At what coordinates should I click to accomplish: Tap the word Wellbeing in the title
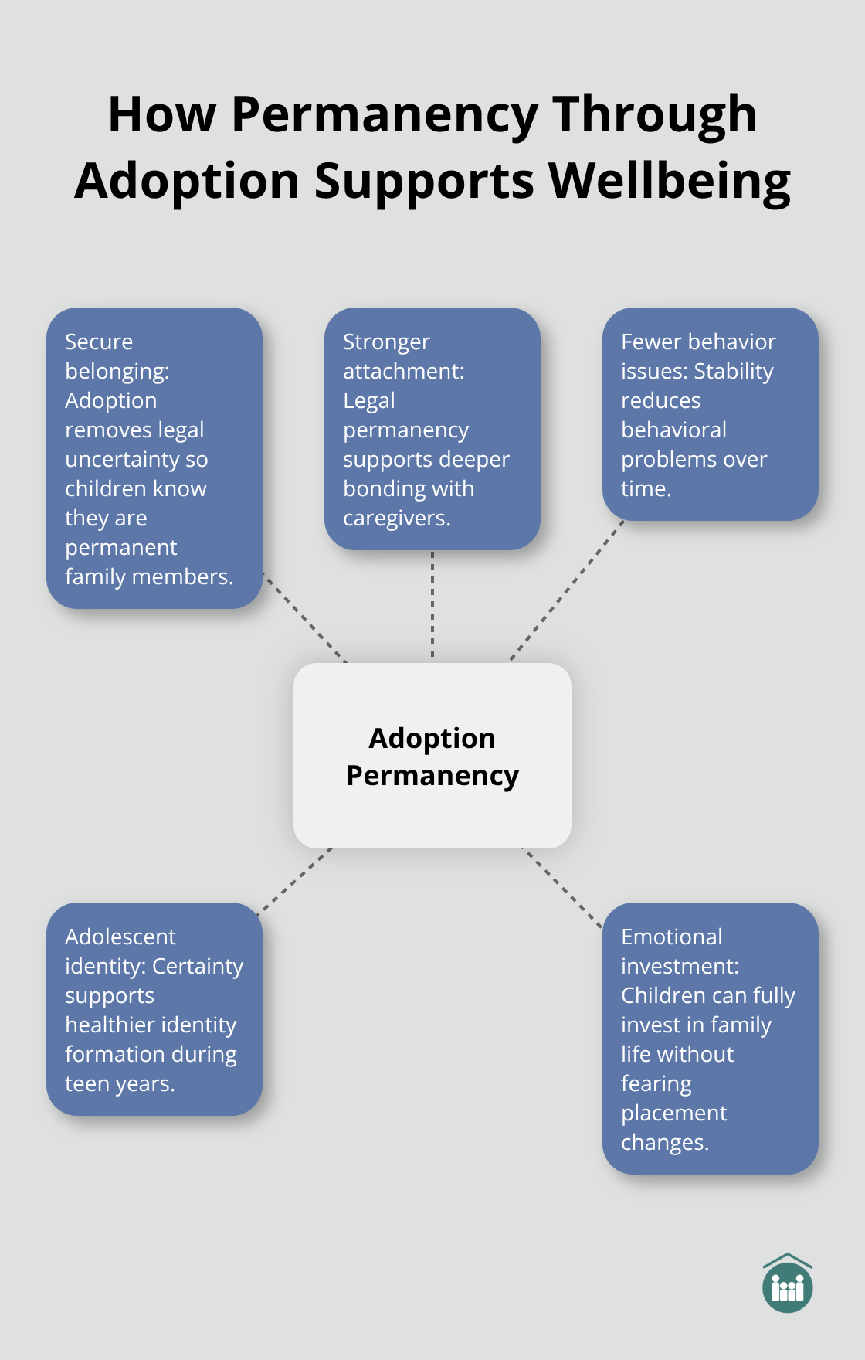tap(670, 181)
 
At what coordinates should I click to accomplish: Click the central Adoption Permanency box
tap(432, 756)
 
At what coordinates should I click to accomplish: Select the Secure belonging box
tap(154, 458)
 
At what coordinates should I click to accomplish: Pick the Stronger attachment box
tap(432, 429)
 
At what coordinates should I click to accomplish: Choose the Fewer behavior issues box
tap(710, 414)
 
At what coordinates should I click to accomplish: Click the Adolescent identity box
tap(154, 1009)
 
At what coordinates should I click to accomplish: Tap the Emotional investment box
tap(710, 1039)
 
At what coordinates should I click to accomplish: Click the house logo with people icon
tap(787, 1283)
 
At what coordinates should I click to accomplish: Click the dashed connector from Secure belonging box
tap(304, 617)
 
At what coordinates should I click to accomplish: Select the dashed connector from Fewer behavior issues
tap(567, 590)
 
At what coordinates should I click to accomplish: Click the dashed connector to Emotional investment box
tap(563, 887)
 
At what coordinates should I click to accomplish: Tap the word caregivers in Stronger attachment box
tap(395, 518)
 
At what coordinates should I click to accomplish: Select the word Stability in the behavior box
tap(734, 372)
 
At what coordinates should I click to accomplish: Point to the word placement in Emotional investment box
tap(673, 1113)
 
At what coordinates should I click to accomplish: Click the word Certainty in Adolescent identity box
tap(198, 967)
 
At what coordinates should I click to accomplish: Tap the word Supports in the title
tap(424, 181)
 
